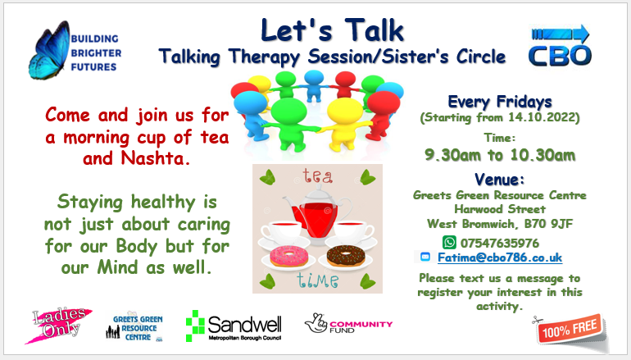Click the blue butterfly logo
(48, 50)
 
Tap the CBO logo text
(560, 56)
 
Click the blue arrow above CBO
(561, 34)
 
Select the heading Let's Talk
(332, 30)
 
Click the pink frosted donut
(288, 256)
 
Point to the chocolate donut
(346, 256)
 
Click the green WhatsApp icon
(449, 243)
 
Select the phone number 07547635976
(499, 244)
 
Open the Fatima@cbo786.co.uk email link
(500, 257)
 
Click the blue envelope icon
(425, 257)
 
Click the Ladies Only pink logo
(59, 325)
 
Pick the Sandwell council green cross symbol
(195, 326)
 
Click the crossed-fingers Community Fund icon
(316, 323)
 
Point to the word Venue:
(499, 180)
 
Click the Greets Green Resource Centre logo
(134, 326)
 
